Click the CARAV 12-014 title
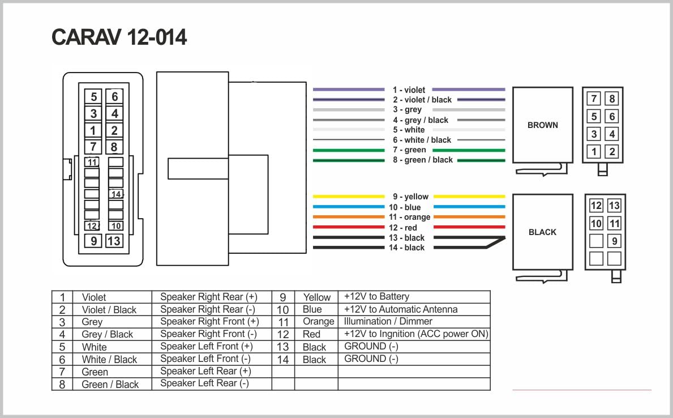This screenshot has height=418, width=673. (x=119, y=37)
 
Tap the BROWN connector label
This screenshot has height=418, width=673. (x=542, y=125)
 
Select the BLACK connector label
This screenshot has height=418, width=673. (x=542, y=232)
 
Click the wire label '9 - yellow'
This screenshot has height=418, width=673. (x=410, y=197)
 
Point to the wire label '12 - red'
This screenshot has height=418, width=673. (x=402, y=228)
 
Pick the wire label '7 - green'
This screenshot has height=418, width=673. (x=409, y=150)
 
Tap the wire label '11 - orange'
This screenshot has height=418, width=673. (x=409, y=217)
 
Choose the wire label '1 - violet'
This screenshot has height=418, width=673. (x=409, y=90)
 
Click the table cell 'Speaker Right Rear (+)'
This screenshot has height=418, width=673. (x=209, y=297)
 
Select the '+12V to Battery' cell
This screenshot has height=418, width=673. (x=376, y=296)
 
